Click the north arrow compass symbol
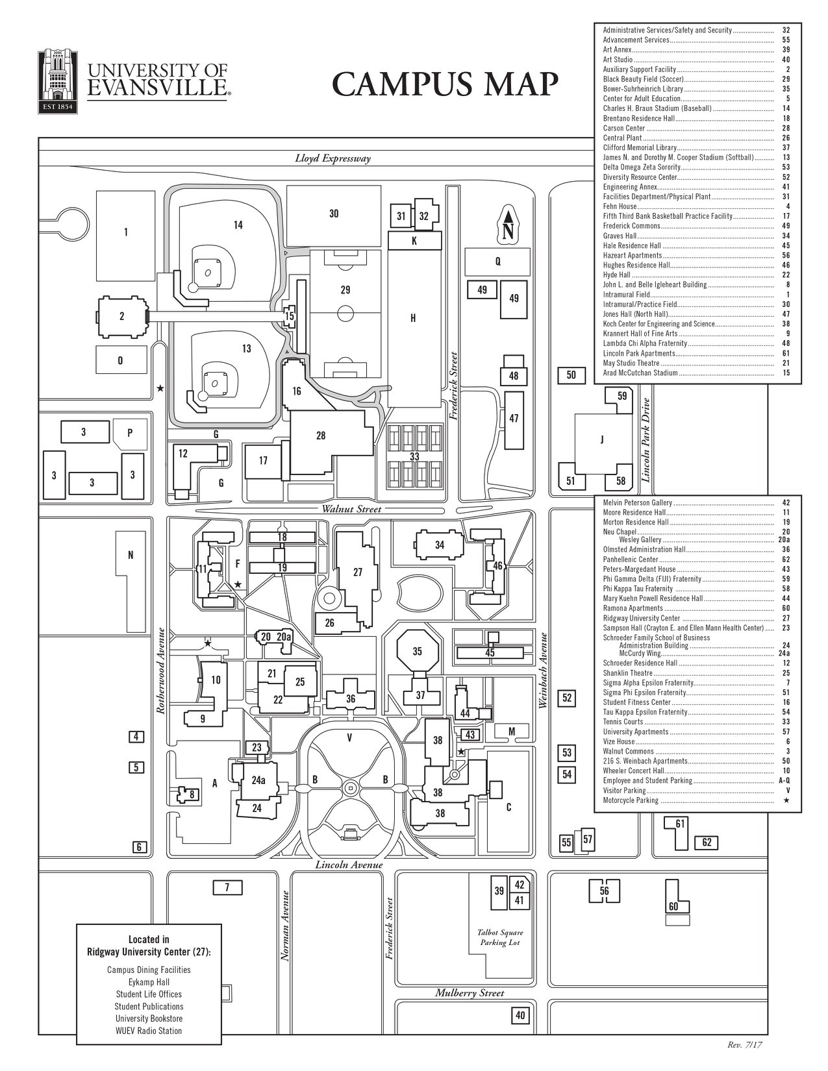[508, 224]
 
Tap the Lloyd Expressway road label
[333, 159]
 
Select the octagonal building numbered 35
[417, 651]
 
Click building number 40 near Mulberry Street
[520, 1015]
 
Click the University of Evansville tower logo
[58, 81]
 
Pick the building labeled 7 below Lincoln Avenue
[227, 888]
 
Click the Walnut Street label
[351, 509]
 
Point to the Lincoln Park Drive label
[647, 439]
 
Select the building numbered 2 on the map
[122, 316]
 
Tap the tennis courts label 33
[414, 456]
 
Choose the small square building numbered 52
[567, 698]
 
